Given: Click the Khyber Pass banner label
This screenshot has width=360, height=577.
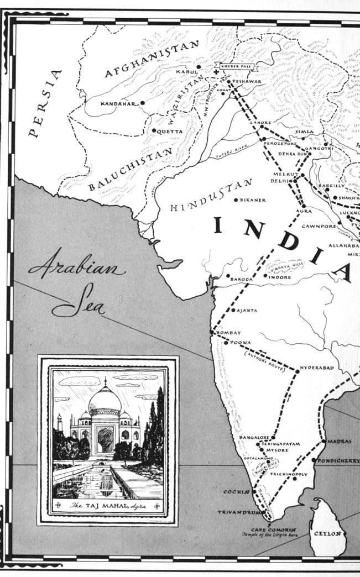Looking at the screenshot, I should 236,66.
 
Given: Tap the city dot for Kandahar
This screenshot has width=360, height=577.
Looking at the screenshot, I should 143,103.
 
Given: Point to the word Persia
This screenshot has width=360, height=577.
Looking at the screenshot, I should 43,103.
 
